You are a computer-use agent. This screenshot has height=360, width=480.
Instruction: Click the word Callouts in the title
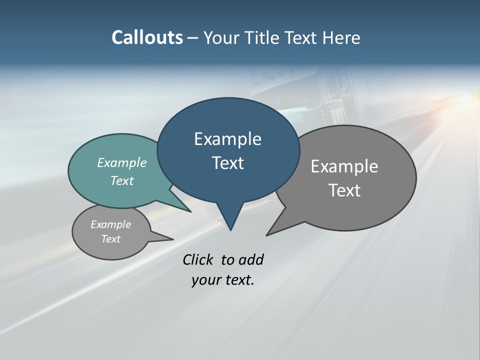(x=147, y=38)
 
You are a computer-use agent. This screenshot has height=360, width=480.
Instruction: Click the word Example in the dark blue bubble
(x=227, y=139)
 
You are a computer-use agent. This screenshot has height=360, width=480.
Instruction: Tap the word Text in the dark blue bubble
(x=227, y=163)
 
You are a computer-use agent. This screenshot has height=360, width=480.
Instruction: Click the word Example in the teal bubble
(x=122, y=162)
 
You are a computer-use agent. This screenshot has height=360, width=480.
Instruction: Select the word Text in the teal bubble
(x=122, y=180)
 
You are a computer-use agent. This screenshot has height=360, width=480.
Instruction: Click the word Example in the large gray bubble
(x=344, y=166)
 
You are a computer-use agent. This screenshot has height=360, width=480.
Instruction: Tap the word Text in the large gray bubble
(x=344, y=190)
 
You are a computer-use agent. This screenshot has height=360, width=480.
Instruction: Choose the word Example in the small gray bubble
(x=110, y=224)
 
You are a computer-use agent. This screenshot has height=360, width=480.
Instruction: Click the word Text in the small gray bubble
(x=110, y=239)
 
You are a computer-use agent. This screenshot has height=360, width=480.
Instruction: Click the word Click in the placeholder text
(x=198, y=259)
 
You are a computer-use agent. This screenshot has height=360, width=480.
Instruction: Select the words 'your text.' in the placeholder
(x=223, y=280)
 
